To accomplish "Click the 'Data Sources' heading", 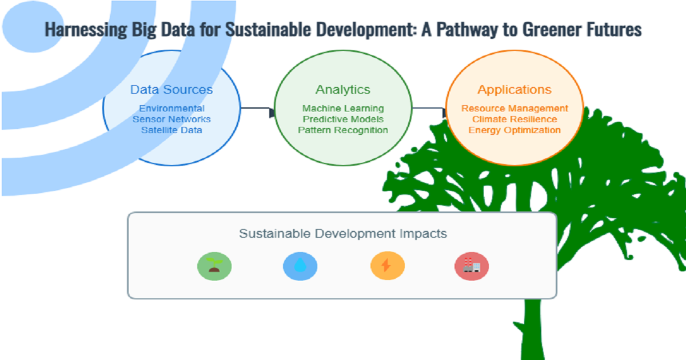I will coord(171,90).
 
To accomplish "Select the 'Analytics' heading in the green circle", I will coord(342,90).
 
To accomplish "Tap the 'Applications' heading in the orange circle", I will coord(514,90).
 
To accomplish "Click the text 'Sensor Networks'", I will coord(171,119).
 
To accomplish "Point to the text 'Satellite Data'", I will coord(171,130).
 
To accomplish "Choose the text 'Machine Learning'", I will coord(343,109).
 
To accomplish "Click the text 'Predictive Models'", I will coord(343,119).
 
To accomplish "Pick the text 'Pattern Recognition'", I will coord(343,130).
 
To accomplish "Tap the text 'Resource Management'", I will coord(514,109).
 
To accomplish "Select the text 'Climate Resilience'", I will coord(514,119).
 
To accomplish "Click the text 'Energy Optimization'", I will coord(514,130).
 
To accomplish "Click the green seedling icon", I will coord(214,266).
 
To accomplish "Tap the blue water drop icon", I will coord(300,266).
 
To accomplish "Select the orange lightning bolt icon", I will coord(387,266).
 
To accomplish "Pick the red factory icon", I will coord(472,266).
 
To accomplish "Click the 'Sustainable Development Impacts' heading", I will coord(342,234).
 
